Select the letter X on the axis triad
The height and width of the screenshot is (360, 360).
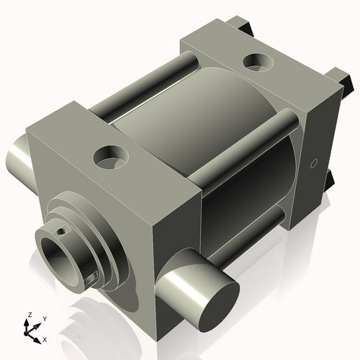(45, 338)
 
